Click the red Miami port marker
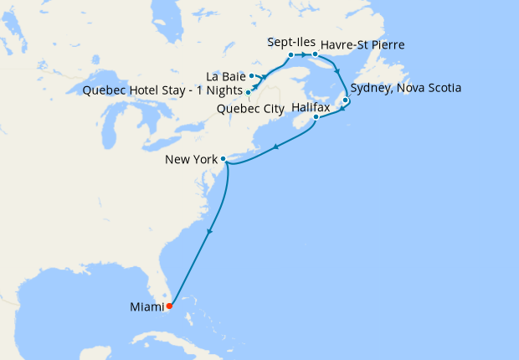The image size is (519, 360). click(x=170, y=305)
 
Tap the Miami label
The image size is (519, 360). click(x=146, y=307)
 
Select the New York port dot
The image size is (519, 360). click(x=224, y=158)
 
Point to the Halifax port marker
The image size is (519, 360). click(x=316, y=117)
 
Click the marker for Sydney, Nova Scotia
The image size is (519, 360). click(x=346, y=100)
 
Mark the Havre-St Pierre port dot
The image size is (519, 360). click(x=314, y=55)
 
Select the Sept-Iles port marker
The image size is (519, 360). click(x=290, y=55)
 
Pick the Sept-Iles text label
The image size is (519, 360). click(x=290, y=41)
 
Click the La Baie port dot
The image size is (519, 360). click(x=251, y=76)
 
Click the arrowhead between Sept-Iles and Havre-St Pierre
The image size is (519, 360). click(x=302, y=55)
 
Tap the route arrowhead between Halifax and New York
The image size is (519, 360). click(x=276, y=148)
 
